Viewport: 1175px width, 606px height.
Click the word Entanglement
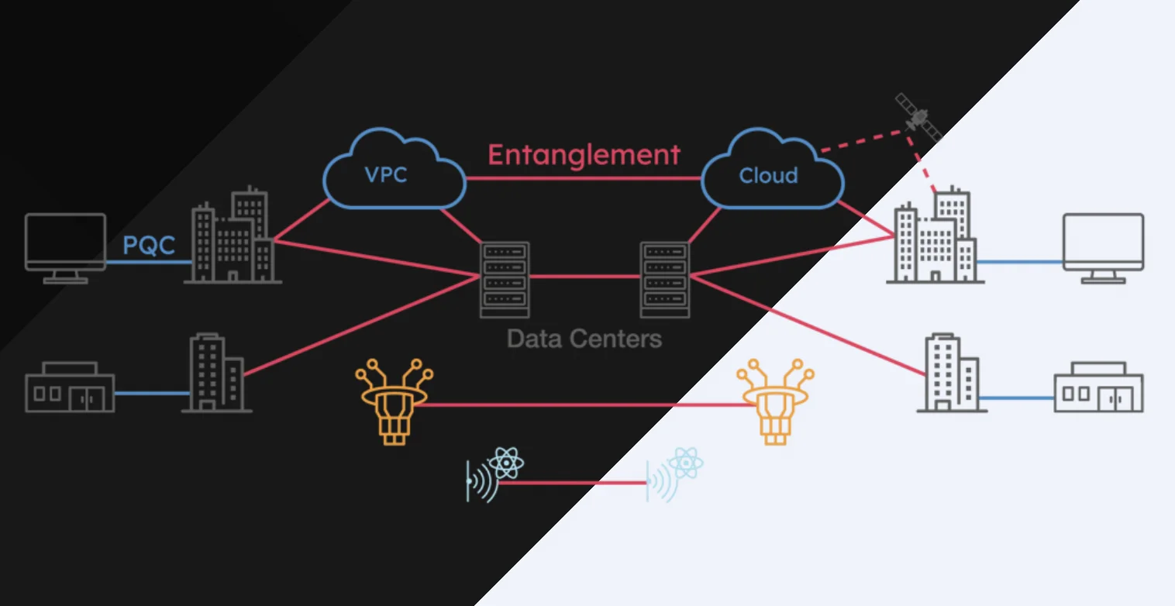tap(584, 155)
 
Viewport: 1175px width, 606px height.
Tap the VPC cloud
tap(393, 172)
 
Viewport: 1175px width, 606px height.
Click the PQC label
tap(149, 246)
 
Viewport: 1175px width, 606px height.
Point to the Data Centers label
tap(584, 339)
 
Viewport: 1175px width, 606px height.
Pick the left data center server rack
tap(505, 279)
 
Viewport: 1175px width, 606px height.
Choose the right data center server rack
tap(665, 279)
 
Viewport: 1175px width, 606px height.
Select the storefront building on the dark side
tap(70, 387)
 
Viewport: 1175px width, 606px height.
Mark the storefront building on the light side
tap(1098, 387)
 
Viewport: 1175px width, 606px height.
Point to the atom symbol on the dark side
tap(506, 463)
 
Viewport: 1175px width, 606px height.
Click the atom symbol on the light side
tap(686, 463)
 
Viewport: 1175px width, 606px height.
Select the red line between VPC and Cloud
tap(584, 178)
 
